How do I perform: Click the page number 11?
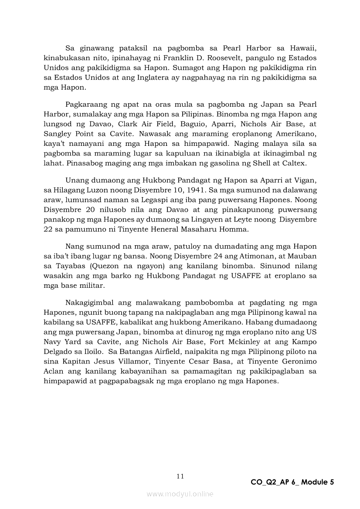pos(180,476)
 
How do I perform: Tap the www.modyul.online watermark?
pos(180,494)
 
